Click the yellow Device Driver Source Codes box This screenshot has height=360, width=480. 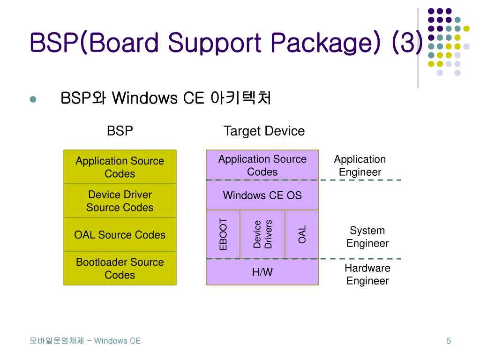[120, 201]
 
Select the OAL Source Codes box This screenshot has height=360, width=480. [120, 234]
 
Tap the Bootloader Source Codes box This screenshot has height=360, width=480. [120, 268]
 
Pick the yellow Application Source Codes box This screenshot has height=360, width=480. [120, 167]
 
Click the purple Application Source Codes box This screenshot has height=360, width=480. [262, 165]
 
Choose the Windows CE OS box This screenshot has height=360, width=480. [262, 195]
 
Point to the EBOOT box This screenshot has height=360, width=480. [223, 234]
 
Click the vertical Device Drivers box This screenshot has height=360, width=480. [262, 234]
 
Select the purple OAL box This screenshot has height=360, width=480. [302, 234]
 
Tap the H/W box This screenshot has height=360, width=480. [262, 272]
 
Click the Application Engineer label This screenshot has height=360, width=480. [360, 165]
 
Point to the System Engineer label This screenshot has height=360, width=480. [367, 237]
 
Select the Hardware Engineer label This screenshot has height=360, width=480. [367, 274]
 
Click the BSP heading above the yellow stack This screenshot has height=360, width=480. [120, 131]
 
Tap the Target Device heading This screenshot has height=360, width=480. [264, 131]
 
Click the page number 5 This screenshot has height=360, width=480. [449, 341]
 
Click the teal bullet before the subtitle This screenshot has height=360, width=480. [33, 99]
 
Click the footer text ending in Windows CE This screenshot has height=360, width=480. [85, 341]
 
